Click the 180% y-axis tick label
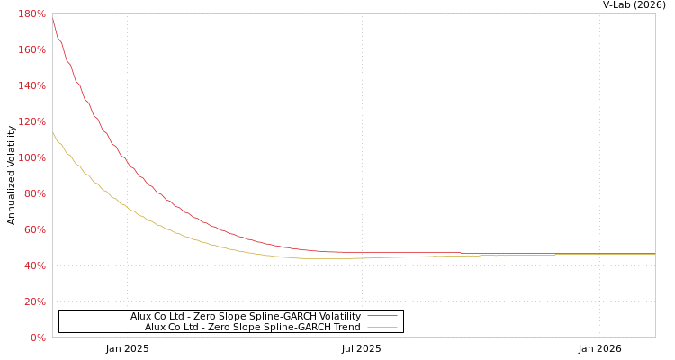pos(31,13)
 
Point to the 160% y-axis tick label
pos(31,49)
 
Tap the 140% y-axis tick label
pos(31,85)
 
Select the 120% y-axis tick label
pos(31,121)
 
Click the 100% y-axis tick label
pos(31,157)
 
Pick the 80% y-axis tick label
pos(34,193)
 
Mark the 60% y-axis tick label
pos(34,229)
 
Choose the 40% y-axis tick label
pos(34,265)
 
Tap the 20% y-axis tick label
pos(34,301)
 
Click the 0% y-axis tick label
pos(38,337)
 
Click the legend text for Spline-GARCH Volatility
pos(245,316)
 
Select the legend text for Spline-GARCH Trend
pos(252,327)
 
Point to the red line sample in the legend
pos(382,316)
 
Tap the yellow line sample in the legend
pos(382,327)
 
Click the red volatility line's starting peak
pos(52,17)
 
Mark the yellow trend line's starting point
pos(52,132)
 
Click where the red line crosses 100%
pos(123,157)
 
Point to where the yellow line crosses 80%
pos(107,193)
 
